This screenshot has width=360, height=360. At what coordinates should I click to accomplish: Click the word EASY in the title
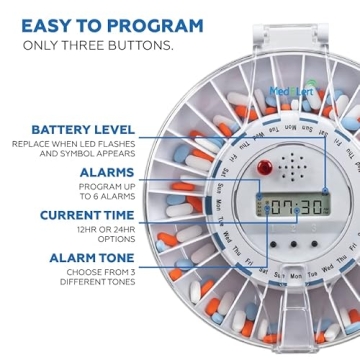tap(46, 25)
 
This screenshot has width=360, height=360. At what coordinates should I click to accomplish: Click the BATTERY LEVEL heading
tap(83, 130)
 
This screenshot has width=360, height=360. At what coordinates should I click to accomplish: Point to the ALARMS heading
tap(107, 172)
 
